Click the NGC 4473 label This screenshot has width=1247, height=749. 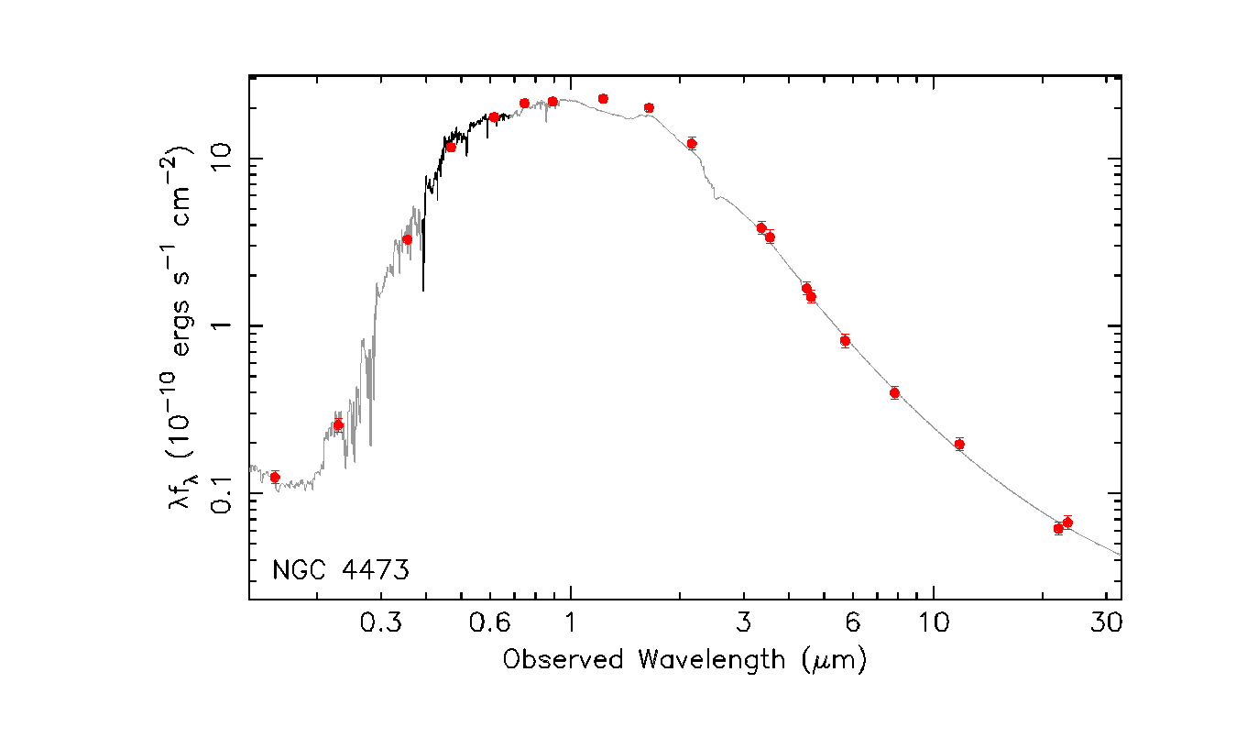[x=340, y=569]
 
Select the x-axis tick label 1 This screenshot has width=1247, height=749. [x=571, y=622]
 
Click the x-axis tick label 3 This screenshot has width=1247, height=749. [x=743, y=622]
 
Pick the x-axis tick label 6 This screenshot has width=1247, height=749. [x=852, y=622]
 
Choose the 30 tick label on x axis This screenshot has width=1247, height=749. [x=1107, y=622]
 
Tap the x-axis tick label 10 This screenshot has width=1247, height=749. [x=934, y=622]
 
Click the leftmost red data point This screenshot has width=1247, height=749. [x=275, y=478]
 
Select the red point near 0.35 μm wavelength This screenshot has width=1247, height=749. [x=408, y=239]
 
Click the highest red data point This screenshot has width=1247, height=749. [x=603, y=98]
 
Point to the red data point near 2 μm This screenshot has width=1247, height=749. [x=692, y=143]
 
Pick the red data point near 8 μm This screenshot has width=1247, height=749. [x=894, y=392]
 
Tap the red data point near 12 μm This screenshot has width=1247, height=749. [x=959, y=444]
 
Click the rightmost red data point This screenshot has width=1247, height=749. [x=1067, y=522]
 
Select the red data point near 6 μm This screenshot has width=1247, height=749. [x=845, y=340]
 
